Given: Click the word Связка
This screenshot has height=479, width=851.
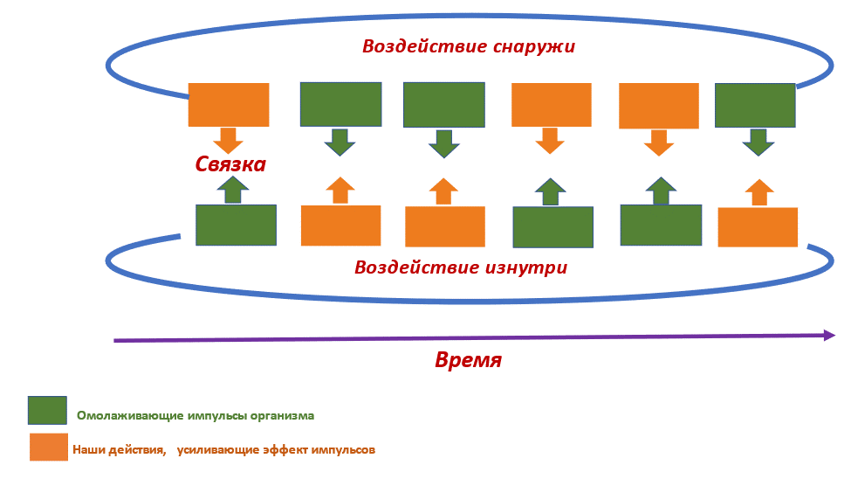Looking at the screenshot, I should click(230, 163).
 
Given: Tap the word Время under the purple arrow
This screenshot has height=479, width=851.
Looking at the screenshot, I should click(468, 360).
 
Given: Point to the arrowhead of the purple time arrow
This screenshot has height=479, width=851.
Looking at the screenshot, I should click(829, 335).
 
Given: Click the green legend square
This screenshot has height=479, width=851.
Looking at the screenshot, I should click(47, 410).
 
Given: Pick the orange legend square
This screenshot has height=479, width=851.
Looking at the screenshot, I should click(49, 447).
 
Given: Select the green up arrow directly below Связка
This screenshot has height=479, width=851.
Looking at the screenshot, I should click(231, 189).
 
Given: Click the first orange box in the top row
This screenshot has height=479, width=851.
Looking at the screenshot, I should click(229, 104).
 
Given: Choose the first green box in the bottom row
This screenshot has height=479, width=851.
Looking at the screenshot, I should click(236, 225).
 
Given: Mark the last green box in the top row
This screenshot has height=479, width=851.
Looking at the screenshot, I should click(755, 106).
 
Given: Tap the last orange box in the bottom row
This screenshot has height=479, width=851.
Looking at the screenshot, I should click(758, 227).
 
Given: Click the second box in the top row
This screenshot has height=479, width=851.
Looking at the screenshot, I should click(340, 104).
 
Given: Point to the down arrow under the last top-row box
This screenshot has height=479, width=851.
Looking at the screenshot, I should click(758, 141).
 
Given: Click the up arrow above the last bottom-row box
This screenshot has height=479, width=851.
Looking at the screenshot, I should click(759, 191).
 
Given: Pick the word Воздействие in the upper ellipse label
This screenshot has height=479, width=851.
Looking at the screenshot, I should click(414, 46).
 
